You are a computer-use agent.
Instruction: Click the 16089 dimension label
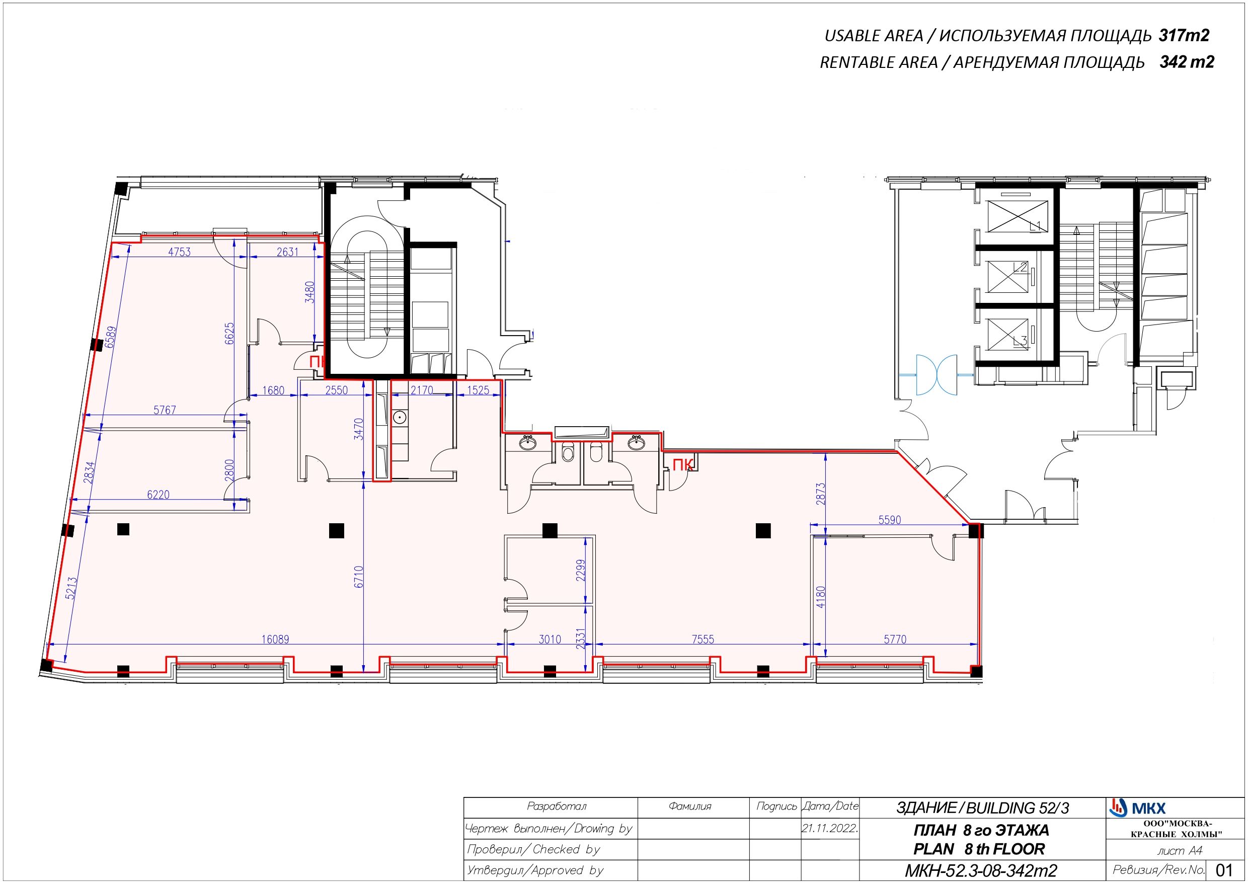point(275,639)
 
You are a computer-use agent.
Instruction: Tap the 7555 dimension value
point(703,639)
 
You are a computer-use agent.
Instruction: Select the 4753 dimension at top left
point(179,252)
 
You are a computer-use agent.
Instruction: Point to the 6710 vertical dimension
point(358,577)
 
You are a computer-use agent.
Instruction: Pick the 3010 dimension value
point(550,639)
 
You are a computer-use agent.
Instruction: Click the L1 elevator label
point(1035,226)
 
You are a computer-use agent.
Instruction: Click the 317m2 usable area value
point(1184,35)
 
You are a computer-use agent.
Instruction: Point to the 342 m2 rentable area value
point(1187,62)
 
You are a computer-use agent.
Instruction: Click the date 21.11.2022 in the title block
point(830,829)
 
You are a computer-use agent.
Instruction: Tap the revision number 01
point(1224,869)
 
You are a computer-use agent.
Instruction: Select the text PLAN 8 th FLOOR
point(979,849)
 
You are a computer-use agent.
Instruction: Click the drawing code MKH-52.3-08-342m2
point(981,870)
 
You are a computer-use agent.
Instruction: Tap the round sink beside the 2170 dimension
point(400,417)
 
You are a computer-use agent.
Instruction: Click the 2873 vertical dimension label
point(821,494)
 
